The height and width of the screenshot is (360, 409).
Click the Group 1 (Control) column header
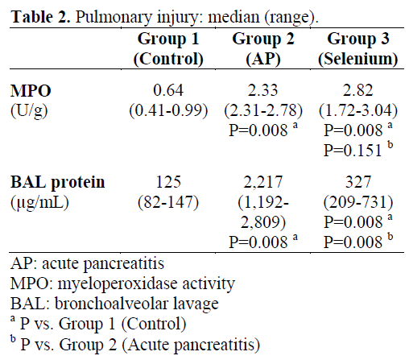tap(168, 48)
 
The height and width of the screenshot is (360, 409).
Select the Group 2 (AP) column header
tap(263, 48)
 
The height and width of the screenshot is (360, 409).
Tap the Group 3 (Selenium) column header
tap(358, 48)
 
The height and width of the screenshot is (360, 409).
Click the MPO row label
tap(31, 91)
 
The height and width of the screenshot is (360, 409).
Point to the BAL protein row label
tap(57, 183)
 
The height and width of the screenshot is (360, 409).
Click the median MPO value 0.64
tap(168, 90)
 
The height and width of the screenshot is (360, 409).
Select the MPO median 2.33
tap(263, 90)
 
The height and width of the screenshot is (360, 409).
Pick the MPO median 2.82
tap(358, 90)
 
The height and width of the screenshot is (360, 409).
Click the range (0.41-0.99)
tap(168, 110)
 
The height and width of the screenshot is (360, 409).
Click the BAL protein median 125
tap(168, 182)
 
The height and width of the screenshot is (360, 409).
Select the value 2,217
tap(263, 183)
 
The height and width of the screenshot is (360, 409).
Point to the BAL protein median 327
tap(358, 182)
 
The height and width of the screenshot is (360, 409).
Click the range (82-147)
tap(168, 202)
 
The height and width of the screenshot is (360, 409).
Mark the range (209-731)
tap(358, 202)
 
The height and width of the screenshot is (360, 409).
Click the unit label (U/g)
tap(29, 111)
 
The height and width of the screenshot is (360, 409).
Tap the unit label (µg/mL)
tap(39, 203)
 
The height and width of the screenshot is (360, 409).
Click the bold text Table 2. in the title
tap(40, 17)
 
